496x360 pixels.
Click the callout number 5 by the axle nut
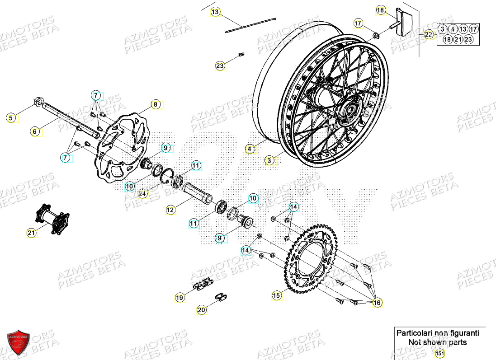[x=12, y=118]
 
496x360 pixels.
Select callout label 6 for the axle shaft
[x=35, y=131]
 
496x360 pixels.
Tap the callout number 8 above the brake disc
[x=155, y=104]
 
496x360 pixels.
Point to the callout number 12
[x=170, y=210]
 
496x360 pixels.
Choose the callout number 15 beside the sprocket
[x=276, y=296]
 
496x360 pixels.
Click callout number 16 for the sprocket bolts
[x=377, y=303]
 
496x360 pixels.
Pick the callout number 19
[x=180, y=298]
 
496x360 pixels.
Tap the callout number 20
[x=201, y=310]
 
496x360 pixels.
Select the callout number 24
[x=143, y=194]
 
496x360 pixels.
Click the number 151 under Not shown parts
[x=439, y=354]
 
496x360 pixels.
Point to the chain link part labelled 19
[x=203, y=284]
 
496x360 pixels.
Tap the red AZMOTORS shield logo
[x=19, y=341]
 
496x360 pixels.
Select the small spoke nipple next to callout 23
[x=241, y=55]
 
